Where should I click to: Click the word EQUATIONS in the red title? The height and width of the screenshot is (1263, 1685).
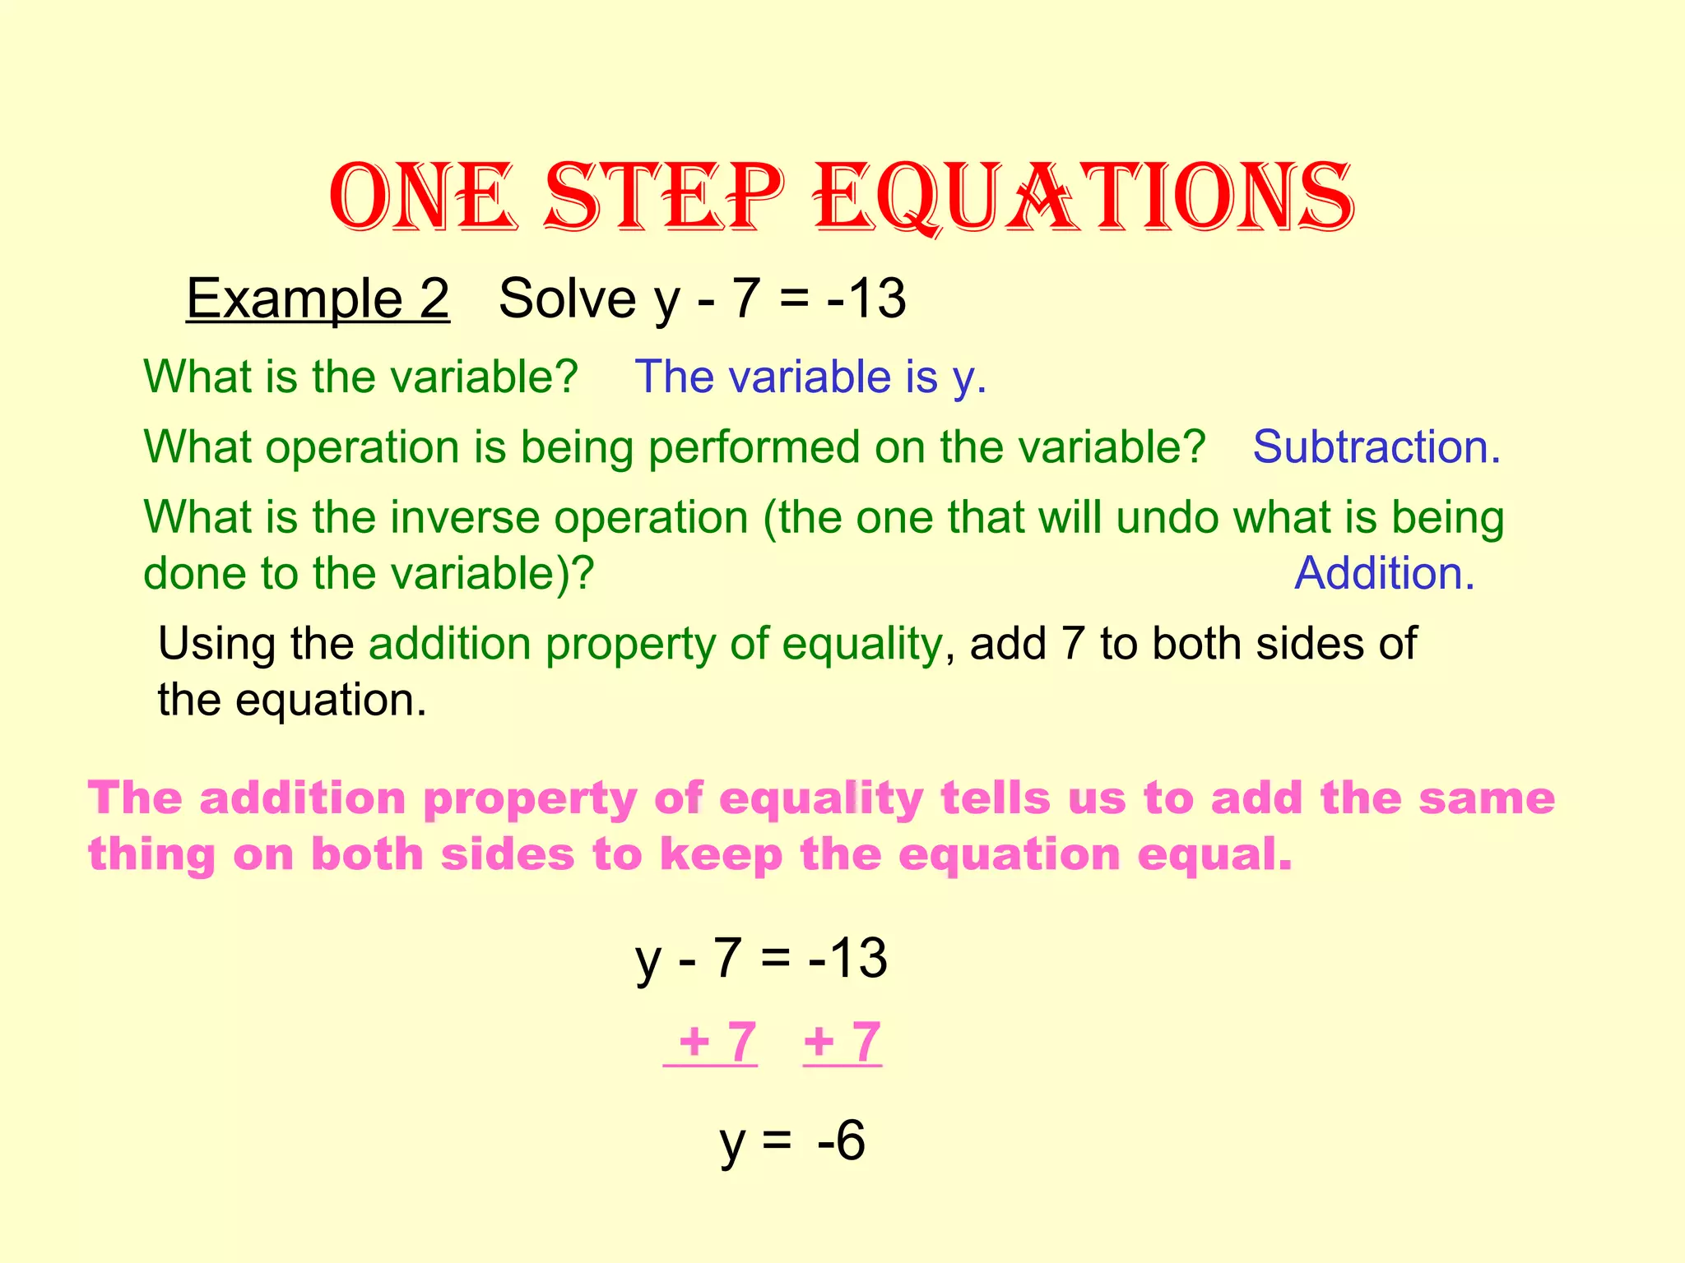(x=1084, y=198)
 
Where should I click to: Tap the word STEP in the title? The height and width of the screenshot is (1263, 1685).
(x=664, y=198)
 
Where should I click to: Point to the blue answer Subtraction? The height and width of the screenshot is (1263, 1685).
(x=1376, y=447)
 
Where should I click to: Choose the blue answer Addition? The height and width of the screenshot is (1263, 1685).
(x=1384, y=573)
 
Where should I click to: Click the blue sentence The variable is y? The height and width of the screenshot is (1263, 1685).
(x=810, y=377)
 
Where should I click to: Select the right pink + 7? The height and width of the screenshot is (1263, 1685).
(x=842, y=1042)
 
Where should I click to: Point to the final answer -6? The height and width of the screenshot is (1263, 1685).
(x=841, y=1140)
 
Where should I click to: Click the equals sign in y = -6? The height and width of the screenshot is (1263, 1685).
(x=777, y=1142)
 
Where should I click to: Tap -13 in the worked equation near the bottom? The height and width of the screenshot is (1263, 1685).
(x=847, y=958)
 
